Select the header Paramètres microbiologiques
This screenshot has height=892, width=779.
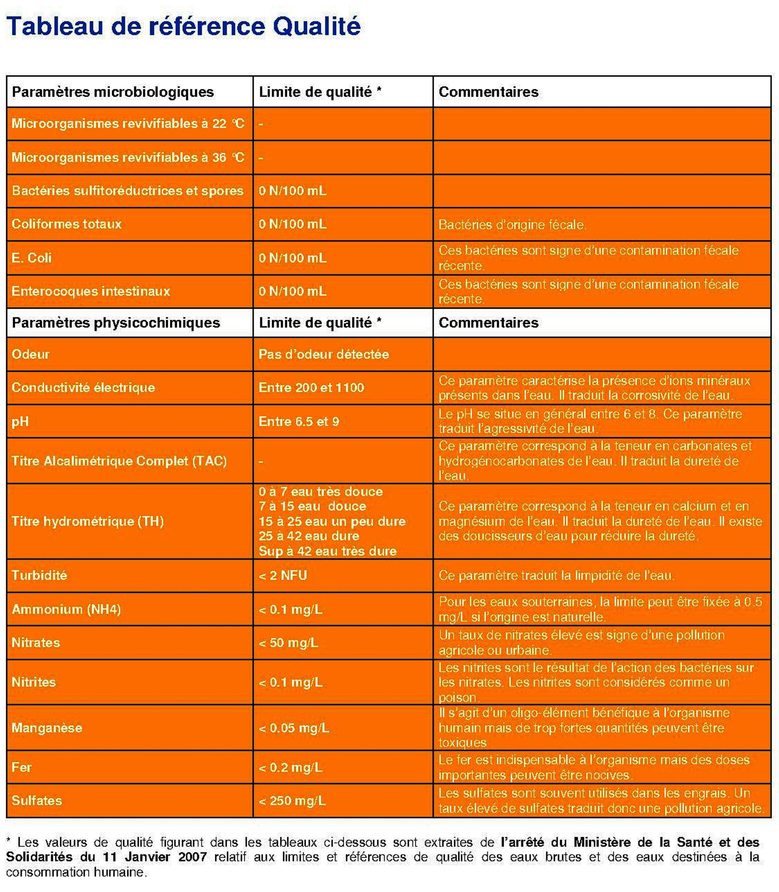coord(113,92)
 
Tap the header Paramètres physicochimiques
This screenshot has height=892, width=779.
coord(116,323)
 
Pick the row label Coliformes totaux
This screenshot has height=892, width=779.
coord(67,224)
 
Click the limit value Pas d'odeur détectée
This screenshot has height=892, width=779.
coord(323,354)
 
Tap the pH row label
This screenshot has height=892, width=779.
coord(20,421)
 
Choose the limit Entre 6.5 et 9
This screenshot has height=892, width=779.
coord(299,421)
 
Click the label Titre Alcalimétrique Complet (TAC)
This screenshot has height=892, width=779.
coord(119,461)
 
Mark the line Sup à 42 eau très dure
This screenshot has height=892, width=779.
coord(327,551)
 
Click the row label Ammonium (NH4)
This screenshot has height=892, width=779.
coord(66,609)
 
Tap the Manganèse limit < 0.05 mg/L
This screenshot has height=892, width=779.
coord(294,728)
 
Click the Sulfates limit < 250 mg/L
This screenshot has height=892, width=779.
coord(292,800)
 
